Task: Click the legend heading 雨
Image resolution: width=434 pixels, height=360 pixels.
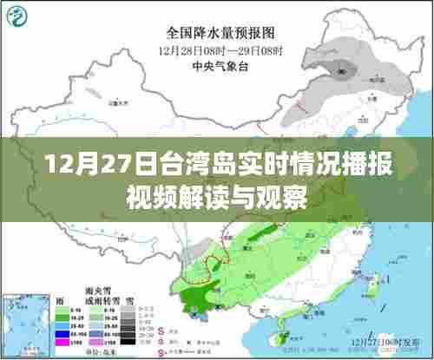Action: click(x=62, y=299)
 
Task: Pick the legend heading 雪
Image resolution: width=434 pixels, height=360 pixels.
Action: click(x=129, y=299)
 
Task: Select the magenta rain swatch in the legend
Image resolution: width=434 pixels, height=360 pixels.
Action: click(x=62, y=343)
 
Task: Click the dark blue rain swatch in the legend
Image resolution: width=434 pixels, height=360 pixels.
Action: click(x=62, y=334)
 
